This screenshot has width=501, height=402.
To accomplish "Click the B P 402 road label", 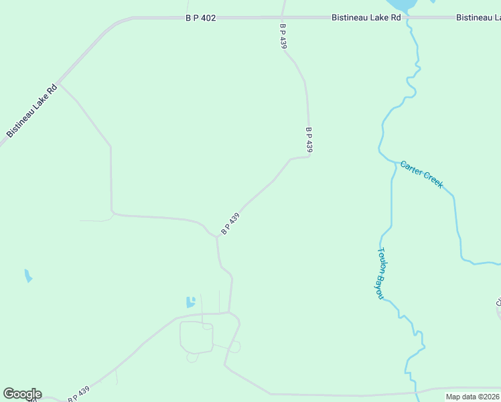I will pyautogui.click(x=201, y=18).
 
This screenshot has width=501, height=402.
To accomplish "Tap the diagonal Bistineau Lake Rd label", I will pyautogui.click(x=32, y=111).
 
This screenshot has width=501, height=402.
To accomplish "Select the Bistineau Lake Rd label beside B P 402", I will pyautogui.click(x=366, y=17).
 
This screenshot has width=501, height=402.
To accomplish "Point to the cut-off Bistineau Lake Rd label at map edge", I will pyautogui.click(x=478, y=17).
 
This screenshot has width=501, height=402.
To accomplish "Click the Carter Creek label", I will pyautogui.click(x=421, y=174).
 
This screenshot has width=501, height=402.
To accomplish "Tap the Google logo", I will pyautogui.click(x=22, y=394).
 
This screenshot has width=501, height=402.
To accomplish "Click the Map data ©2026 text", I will pyautogui.click(x=472, y=397).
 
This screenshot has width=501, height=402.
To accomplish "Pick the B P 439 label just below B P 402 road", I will pyautogui.click(x=283, y=36).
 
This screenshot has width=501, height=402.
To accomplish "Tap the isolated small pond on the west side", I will pyautogui.click(x=27, y=275).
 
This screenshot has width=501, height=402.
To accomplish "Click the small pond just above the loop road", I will pyautogui.click(x=191, y=301).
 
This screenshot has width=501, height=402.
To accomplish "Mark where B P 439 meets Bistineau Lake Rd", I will pyautogui.click(x=282, y=17).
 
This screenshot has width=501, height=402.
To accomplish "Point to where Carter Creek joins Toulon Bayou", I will pyautogui.click(x=392, y=161).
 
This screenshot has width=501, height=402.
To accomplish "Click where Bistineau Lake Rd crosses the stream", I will pyautogui.click(x=407, y=17).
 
